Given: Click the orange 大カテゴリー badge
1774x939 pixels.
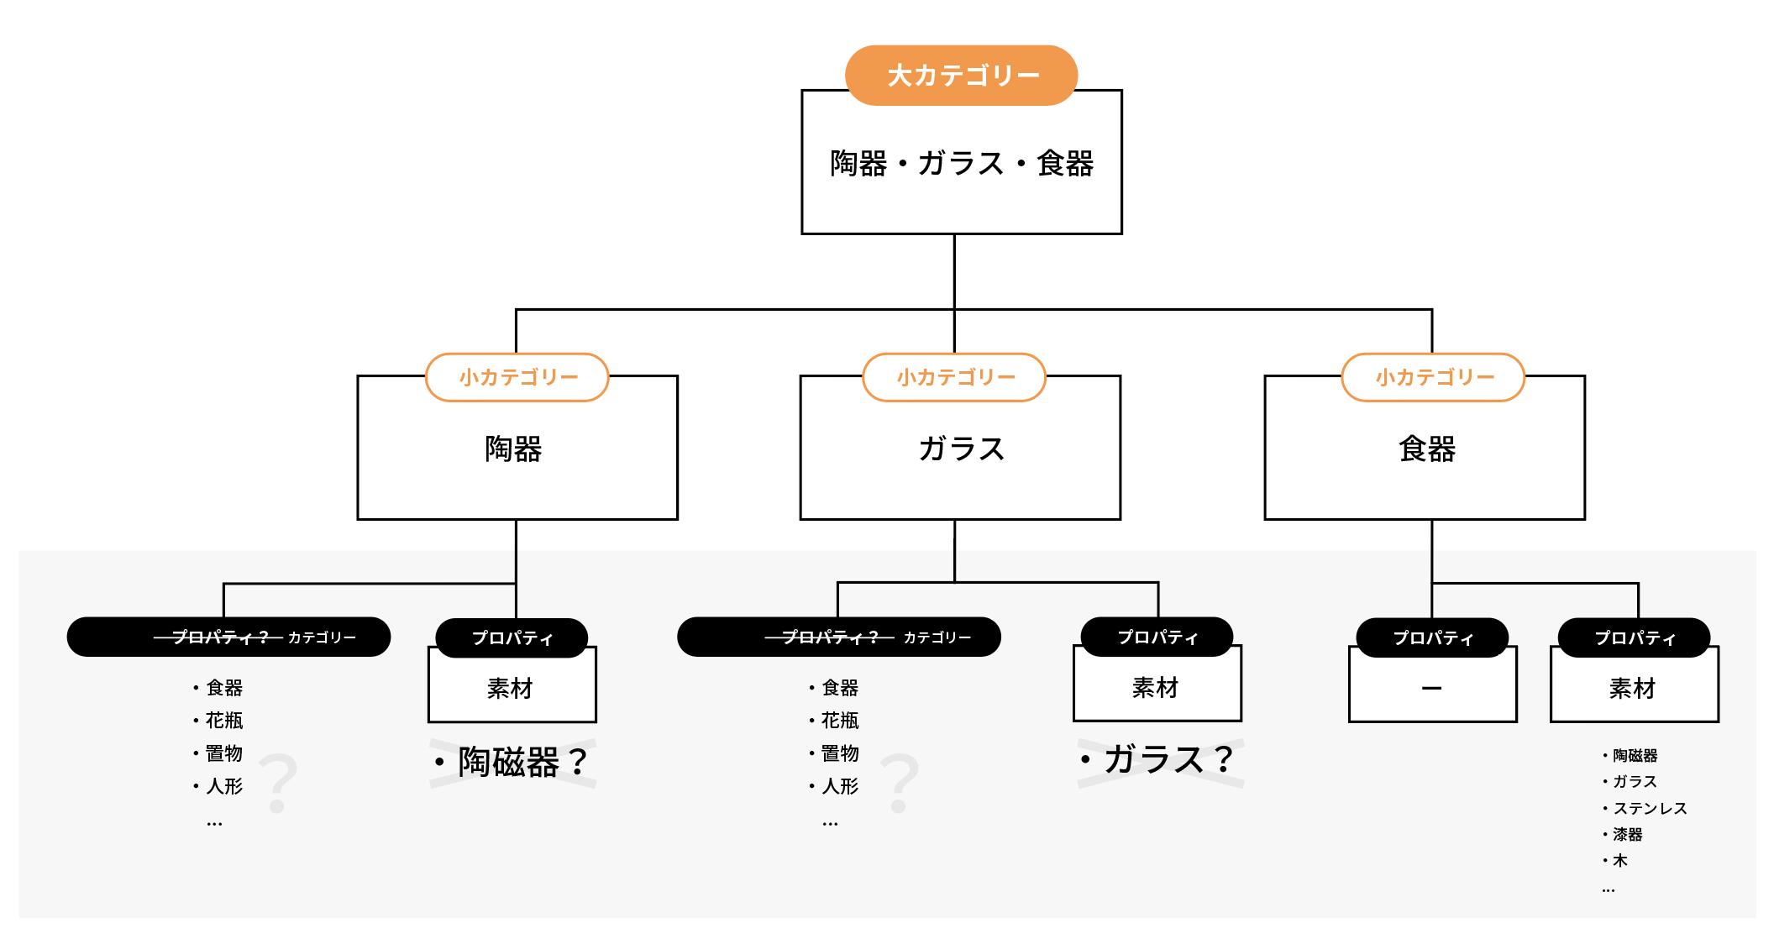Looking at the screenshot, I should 961,76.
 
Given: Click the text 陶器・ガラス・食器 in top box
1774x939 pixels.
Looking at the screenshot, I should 961,163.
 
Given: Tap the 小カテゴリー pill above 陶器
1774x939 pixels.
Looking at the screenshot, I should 517,377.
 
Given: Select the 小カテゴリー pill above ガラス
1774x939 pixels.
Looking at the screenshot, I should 955,377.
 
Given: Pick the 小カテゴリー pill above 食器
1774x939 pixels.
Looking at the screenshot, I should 1434,377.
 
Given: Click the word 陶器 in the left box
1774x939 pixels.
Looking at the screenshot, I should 513,449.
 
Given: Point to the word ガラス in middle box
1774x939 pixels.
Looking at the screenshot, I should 961,449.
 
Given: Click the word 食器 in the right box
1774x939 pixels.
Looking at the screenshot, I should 1426,449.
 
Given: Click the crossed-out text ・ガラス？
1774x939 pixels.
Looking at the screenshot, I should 1158,760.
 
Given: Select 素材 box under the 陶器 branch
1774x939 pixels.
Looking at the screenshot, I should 512,689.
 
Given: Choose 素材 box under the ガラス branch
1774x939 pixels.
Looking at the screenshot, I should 1157,688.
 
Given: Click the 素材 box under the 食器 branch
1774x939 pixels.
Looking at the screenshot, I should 1634,689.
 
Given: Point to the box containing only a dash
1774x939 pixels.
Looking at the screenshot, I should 1432,689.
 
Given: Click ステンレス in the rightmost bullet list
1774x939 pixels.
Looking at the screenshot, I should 1650,808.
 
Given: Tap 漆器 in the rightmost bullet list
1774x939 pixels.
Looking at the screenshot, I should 1627,834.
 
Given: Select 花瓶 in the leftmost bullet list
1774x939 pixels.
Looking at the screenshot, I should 223,721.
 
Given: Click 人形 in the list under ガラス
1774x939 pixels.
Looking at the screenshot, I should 839,786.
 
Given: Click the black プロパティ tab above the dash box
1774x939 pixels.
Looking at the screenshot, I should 1432,637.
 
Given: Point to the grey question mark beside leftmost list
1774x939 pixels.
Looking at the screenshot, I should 278,784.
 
